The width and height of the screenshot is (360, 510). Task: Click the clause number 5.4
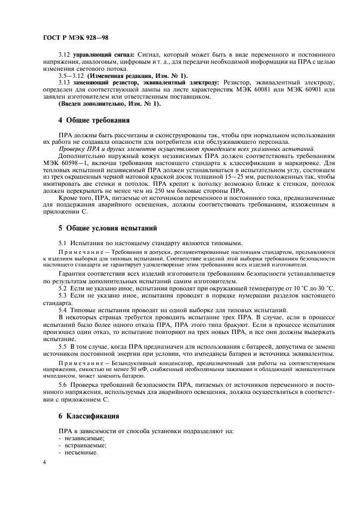click(63, 309)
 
